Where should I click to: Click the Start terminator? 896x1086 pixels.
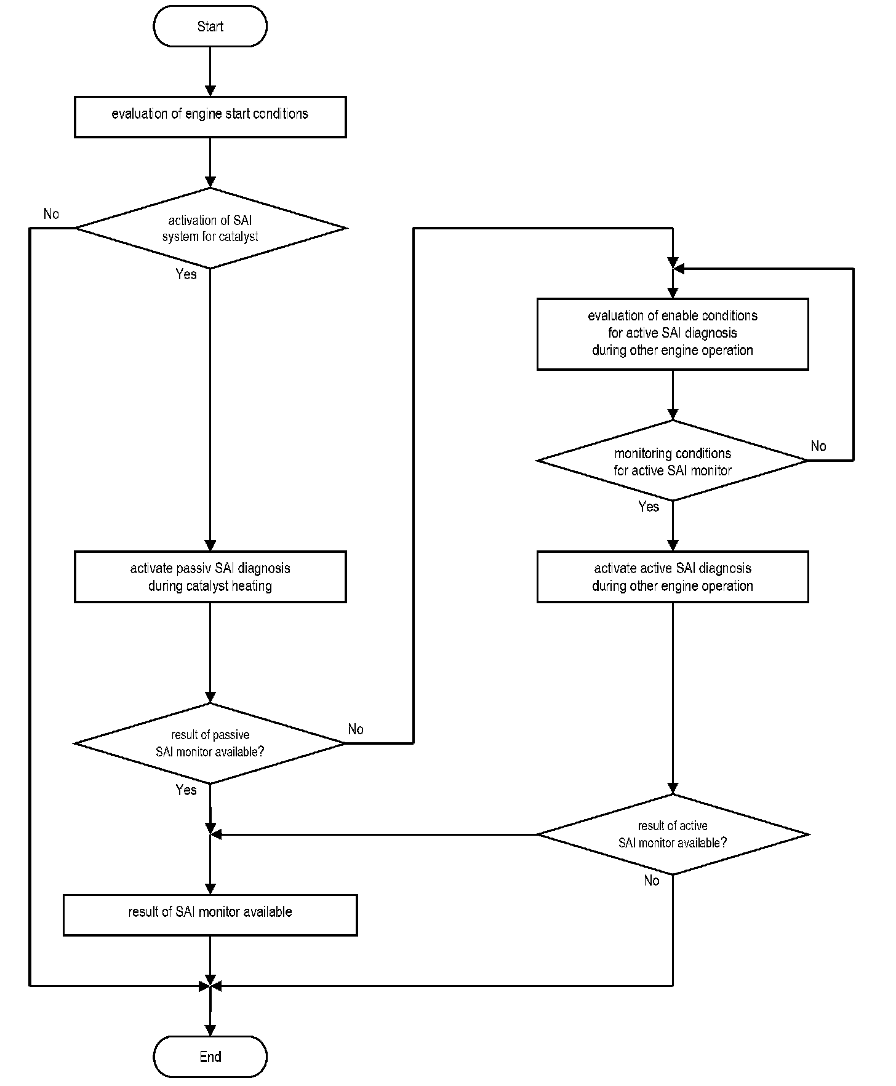tap(210, 26)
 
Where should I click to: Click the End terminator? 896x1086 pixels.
tap(210, 1056)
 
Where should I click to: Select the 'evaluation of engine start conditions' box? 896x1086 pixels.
tap(210, 117)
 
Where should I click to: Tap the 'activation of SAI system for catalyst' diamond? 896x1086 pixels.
tap(210, 228)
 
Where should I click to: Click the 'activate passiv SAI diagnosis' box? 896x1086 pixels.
tap(210, 576)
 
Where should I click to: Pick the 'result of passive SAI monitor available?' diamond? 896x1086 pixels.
tap(210, 743)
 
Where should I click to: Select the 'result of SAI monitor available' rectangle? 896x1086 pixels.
tap(210, 915)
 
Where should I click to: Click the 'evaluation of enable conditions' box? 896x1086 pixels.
tap(673, 334)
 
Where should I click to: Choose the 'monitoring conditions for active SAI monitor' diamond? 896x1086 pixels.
tap(673, 461)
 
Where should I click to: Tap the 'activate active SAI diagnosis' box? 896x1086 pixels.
tap(673, 576)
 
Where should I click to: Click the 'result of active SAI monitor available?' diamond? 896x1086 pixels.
tap(673, 834)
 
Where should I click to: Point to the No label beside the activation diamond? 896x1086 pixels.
tap(51, 214)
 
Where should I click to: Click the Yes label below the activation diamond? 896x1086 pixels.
tap(186, 274)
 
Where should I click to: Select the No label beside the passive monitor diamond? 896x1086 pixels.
tap(356, 729)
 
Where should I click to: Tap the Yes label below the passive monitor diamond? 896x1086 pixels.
tap(186, 790)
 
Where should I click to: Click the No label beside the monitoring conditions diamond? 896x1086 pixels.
tap(818, 446)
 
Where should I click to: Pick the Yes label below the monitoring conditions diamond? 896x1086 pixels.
tap(649, 507)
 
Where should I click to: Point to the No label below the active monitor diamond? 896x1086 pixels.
tap(652, 881)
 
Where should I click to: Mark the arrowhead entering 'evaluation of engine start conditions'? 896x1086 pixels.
tap(210, 90)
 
